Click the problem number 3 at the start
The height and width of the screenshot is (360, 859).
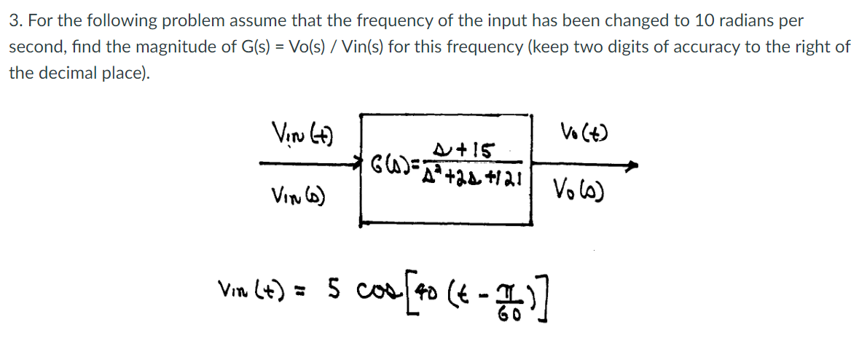[14, 21]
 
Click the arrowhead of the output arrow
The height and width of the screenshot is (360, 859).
[632, 165]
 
